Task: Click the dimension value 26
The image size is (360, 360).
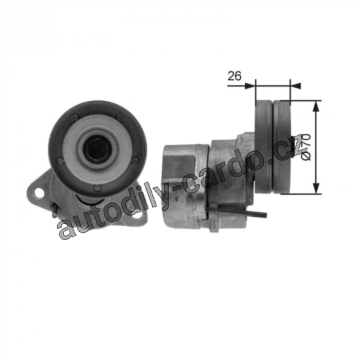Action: click(235, 76)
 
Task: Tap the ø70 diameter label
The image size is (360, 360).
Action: click(306, 147)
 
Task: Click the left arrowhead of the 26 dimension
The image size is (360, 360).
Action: click(250, 86)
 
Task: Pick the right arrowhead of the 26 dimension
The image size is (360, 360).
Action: click(296, 86)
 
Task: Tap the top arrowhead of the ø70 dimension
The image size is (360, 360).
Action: click(317, 106)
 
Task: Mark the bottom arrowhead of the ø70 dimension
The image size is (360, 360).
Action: click(317, 189)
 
